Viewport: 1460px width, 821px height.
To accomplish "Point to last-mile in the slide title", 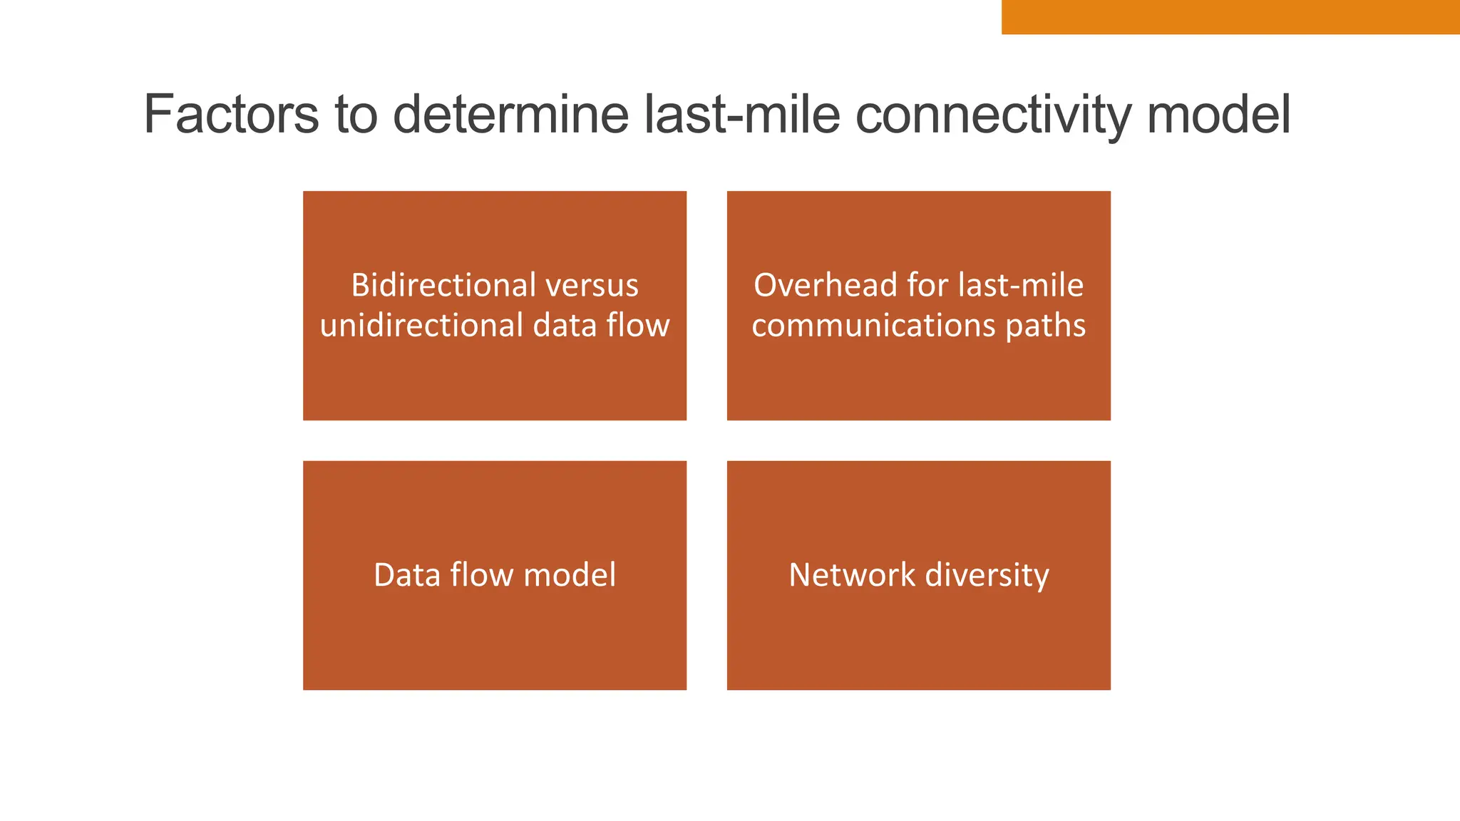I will tap(742, 115).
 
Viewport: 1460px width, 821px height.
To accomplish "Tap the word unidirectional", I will tap(421, 326).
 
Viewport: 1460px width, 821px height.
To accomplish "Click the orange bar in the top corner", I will tap(1230, 16).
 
